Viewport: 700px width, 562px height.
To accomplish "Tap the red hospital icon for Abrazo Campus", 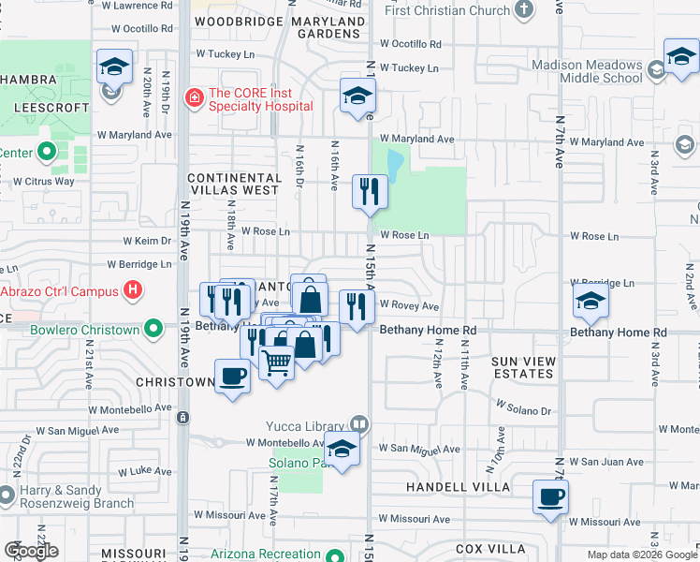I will [x=133, y=290].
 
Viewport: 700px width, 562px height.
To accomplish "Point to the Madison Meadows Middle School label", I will [x=587, y=72].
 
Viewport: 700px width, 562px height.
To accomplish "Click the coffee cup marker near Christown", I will [x=232, y=377].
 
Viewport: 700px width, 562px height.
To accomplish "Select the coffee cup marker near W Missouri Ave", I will [x=550, y=496].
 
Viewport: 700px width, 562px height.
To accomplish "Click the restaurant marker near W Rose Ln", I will [x=370, y=192].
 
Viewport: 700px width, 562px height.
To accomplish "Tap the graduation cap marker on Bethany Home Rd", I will [x=591, y=302].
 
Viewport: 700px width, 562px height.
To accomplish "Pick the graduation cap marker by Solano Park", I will [x=342, y=451].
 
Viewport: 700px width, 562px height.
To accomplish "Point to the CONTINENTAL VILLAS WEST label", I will [x=233, y=184].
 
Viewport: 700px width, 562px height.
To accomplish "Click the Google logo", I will [x=31, y=551].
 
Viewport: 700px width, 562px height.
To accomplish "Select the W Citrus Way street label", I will [x=44, y=181].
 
